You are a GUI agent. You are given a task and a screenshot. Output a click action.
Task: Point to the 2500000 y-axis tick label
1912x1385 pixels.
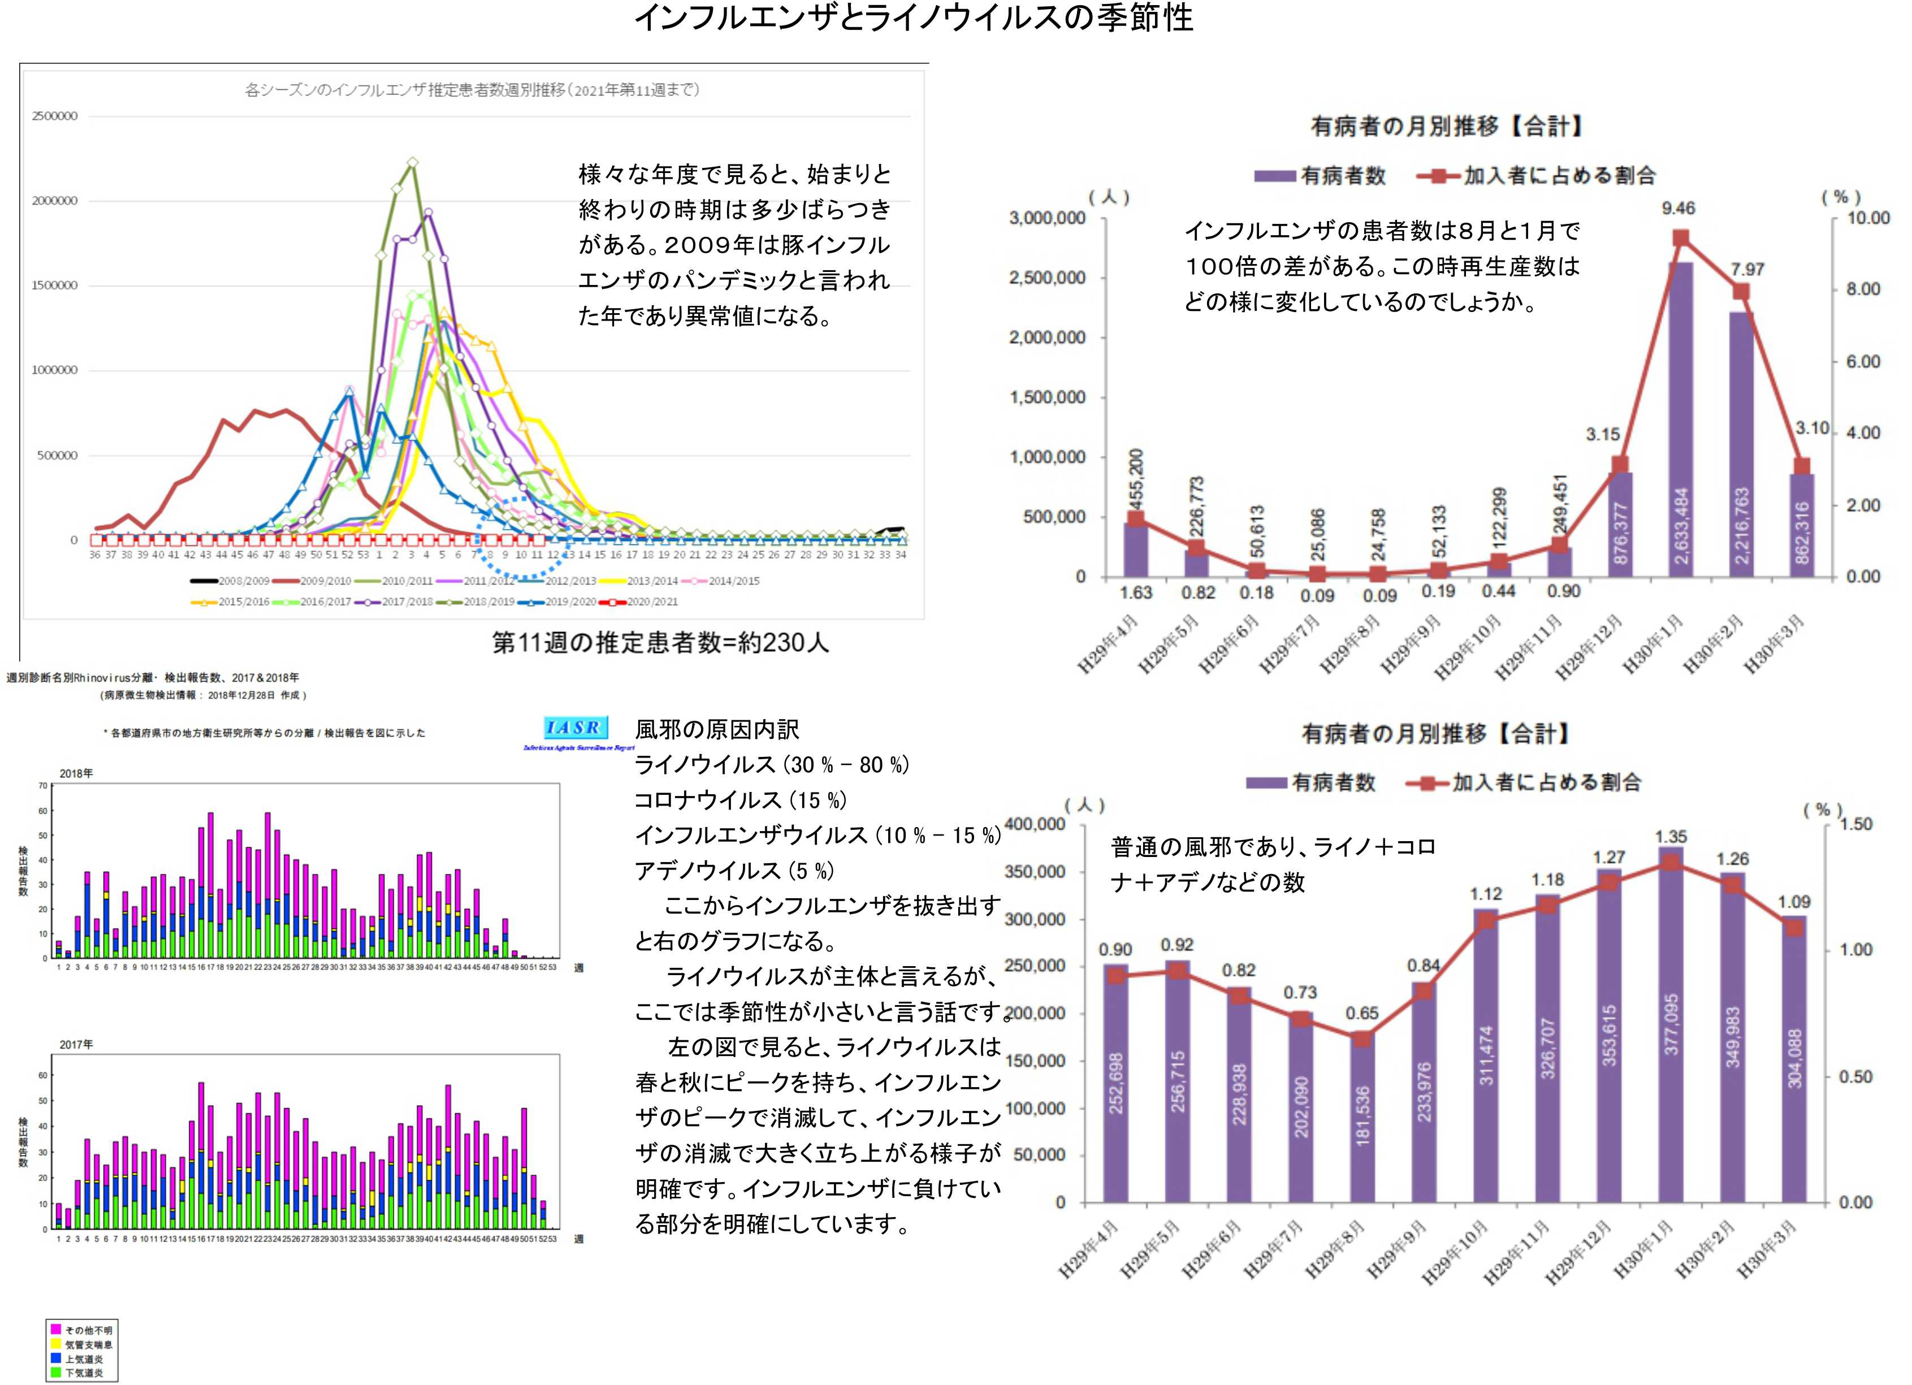(55, 116)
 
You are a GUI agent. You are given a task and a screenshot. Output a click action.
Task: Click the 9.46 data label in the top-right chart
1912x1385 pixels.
(1677, 208)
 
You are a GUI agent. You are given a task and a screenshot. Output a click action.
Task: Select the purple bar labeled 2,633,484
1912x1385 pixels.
(1680, 422)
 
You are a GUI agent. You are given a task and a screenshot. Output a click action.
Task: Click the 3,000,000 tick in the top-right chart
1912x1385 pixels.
(1047, 218)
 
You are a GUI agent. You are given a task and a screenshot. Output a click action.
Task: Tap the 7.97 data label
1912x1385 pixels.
(1747, 270)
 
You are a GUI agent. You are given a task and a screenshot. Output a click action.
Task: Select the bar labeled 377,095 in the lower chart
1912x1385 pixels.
(1670, 1025)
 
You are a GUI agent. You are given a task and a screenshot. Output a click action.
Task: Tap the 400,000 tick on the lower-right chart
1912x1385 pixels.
(1036, 824)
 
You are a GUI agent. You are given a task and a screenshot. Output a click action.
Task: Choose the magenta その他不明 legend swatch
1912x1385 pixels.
(55, 1330)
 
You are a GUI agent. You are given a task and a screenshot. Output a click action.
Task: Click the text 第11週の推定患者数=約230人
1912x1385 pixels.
(660, 643)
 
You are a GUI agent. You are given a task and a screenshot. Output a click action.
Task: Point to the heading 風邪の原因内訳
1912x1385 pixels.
(717, 729)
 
